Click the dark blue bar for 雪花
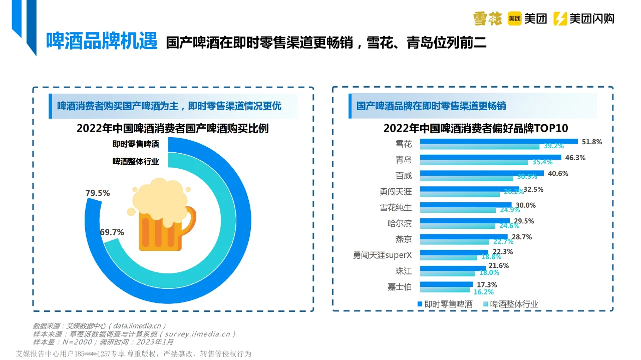[x=498, y=141]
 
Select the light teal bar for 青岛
[x=473, y=162]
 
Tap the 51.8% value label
[x=591, y=142]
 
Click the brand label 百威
[x=404, y=176]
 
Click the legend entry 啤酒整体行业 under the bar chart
[x=510, y=304]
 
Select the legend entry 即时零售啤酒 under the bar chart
[x=444, y=304]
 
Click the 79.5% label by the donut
[x=98, y=193]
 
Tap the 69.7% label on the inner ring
[x=112, y=232]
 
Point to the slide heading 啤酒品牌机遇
[x=102, y=41]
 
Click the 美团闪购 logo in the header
[x=583, y=19]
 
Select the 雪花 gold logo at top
[x=487, y=19]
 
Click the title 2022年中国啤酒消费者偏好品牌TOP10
[x=476, y=128]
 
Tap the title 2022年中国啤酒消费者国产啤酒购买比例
[x=172, y=128]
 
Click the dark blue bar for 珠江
[x=452, y=268]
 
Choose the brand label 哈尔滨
[x=400, y=223]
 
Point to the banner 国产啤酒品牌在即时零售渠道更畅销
[x=431, y=106]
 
